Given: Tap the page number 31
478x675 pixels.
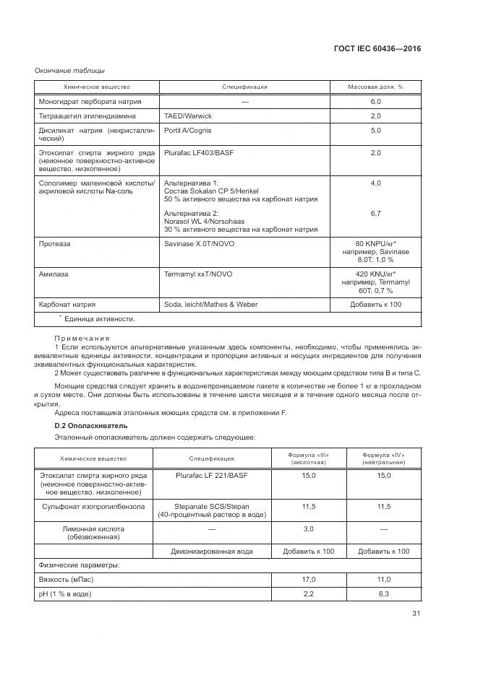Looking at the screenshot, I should [416, 614].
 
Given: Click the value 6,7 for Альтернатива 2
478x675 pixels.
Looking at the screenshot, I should [375, 214].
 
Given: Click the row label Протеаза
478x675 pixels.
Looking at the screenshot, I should [55, 244].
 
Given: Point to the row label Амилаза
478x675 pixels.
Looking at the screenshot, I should [54, 274].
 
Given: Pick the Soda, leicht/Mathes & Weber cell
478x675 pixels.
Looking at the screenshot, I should [210, 305].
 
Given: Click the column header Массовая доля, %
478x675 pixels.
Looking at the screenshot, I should [375, 87].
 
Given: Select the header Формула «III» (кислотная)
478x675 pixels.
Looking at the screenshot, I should [309, 458].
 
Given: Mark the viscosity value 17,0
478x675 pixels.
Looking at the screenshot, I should [309, 580].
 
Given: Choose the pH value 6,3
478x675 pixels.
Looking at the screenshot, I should [383, 594].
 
